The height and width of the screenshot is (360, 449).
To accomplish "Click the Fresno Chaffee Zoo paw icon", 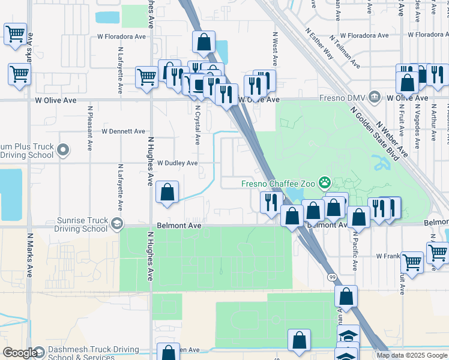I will (325, 181).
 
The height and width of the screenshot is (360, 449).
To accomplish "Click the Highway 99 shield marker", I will (331, 277).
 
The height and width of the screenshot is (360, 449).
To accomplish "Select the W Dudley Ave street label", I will (178, 163).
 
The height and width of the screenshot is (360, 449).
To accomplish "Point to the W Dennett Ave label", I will (123, 131).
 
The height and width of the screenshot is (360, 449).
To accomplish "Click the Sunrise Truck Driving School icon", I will (116, 224).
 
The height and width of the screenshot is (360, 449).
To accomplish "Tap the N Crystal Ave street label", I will (197, 125).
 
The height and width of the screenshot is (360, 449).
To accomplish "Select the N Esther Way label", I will (319, 43).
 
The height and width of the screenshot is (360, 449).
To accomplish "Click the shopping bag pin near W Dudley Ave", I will (167, 193).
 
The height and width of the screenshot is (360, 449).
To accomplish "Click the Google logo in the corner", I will (20, 353).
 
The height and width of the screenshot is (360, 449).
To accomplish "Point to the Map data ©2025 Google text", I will (412, 355).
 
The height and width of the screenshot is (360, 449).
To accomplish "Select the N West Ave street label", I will (276, 49).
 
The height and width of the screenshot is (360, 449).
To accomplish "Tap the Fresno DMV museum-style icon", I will (375, 97).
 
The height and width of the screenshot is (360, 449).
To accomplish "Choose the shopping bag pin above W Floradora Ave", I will (203, 43).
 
